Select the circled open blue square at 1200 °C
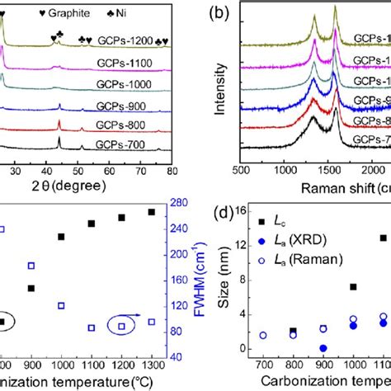121,327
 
